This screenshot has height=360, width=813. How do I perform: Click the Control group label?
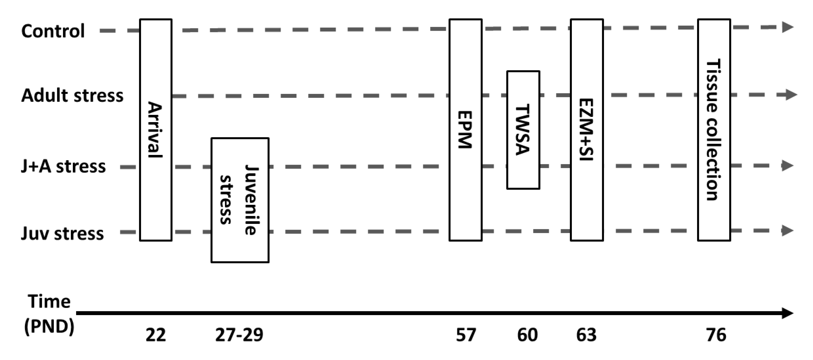point(53,31)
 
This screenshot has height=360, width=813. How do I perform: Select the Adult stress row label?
point(72,95)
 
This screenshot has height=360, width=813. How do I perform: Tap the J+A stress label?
point(63,166)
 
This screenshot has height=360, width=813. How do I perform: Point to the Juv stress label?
point(62,234)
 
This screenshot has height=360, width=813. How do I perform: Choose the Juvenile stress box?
point(240,200)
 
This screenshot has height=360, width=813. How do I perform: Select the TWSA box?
point(523,130)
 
